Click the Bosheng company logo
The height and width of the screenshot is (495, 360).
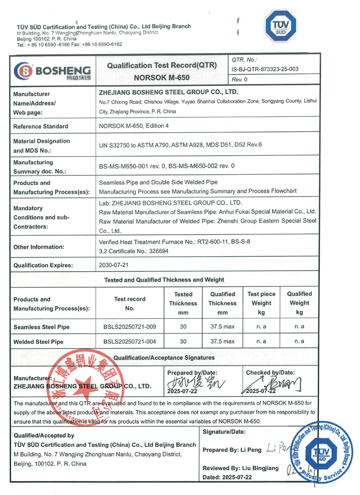click(x=52, y=71)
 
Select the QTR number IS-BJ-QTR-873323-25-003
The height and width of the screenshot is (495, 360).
click(x=265, y=69)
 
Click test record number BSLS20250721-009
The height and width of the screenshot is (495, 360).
click(x=130, y=327)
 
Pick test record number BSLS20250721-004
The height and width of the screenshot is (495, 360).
click(x=130, y=341)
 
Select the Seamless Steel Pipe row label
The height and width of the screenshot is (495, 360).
click(x=41, y=327)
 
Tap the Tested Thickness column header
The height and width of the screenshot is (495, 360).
click(x=183, y=303)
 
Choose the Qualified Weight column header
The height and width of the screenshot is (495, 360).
click(x=299, y=303)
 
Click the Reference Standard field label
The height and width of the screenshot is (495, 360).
click(x=41, y=126)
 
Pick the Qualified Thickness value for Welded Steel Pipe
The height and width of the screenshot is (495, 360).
click(x=222, y=341)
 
